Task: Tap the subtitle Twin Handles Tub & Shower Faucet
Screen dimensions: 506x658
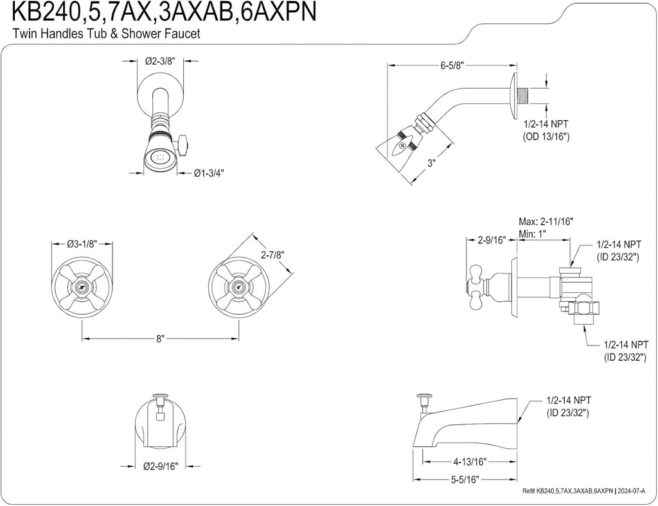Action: [x=107, y=34]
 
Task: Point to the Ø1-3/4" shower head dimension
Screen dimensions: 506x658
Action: [x=209, y=173]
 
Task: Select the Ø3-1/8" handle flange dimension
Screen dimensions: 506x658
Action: [x=82, y=244]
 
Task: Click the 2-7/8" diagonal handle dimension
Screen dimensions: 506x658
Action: [x=272, y=255]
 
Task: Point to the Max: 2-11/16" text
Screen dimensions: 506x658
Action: [x=546, y=222]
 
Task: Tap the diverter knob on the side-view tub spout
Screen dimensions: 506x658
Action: [x=423, y=401]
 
